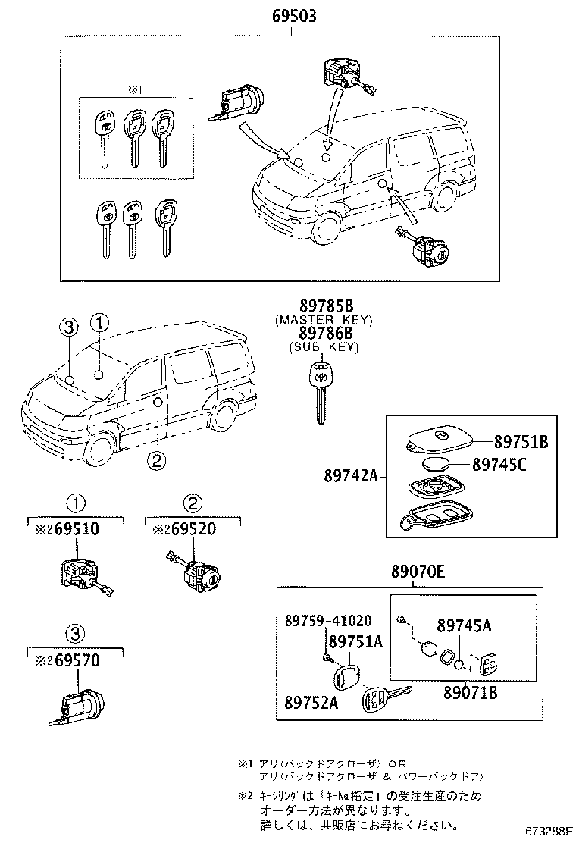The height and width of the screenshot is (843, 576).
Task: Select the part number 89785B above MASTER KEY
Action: pos(325,307)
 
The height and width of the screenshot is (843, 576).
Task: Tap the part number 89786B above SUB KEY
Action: pos(325,333)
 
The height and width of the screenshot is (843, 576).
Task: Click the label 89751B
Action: pos(521,441)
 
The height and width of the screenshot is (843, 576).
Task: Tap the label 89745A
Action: pos(464,625)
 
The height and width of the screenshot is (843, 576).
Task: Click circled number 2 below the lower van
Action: pos(156,459)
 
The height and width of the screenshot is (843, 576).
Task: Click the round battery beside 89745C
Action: pos(437,465)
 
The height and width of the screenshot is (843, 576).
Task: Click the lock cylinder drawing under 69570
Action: pos(76,706)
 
